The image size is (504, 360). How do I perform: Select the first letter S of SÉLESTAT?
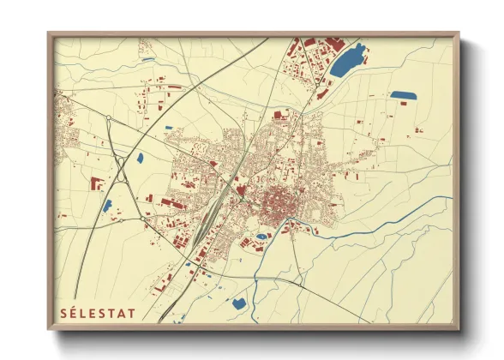coord(63,313)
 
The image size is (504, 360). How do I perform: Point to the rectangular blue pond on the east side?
coord(402,95)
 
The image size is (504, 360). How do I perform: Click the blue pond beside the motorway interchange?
coord(140,158)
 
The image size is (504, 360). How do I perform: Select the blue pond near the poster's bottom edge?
coord(238,303)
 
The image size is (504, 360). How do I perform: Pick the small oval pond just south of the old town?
coord(261,233)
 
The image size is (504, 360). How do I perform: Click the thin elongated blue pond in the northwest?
coord(148,60)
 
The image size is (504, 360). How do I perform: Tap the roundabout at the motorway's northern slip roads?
coord(109,117)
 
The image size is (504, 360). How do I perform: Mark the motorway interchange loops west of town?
coord(120,171)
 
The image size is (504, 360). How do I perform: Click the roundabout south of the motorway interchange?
coord(142,219)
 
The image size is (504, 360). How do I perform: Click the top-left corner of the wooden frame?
coord(49,34)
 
